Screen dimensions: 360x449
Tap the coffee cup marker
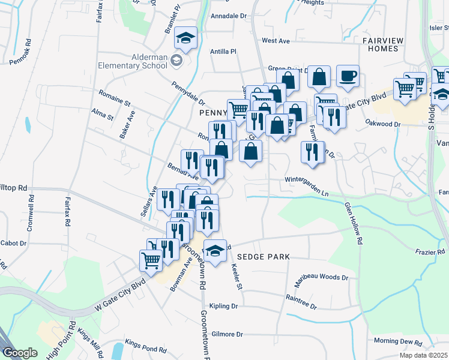[x=348, y=76]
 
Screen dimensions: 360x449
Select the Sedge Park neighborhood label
[x=263, y=257]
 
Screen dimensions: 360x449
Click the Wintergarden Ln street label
[x=307, y=178]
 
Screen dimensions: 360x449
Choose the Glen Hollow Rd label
[x=354, y=221]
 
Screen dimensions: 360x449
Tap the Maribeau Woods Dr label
[x=321, y=278]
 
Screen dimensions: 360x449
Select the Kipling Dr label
[x=224, y=306]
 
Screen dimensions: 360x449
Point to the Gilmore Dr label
[x=227, y=334]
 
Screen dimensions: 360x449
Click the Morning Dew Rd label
[x=398, y=341]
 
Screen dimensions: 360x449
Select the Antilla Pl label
[x=224, y=52]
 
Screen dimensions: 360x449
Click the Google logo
[x=20, y=353]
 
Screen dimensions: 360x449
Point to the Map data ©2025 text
[x=423, y=355]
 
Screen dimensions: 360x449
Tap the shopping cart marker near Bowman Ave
[x=151, y=260]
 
